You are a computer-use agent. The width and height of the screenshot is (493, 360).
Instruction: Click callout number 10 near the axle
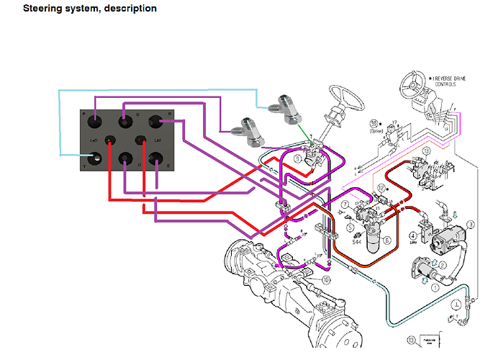[325, 279]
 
